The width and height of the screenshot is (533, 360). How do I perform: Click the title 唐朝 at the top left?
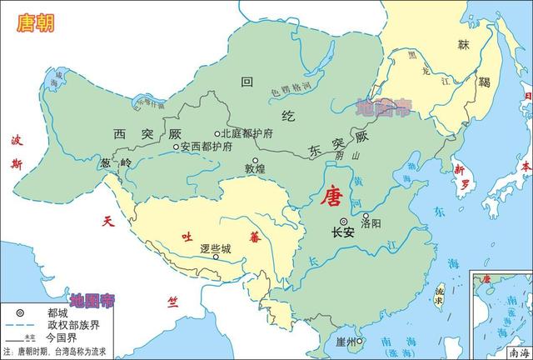click(x=34, y=22)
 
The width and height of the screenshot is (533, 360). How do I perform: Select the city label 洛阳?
click(x=372, y=223)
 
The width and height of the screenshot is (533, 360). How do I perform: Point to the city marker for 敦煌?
click(x=257, y=160)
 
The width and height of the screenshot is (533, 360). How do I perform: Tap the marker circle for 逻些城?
click(x=217, y=257)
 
